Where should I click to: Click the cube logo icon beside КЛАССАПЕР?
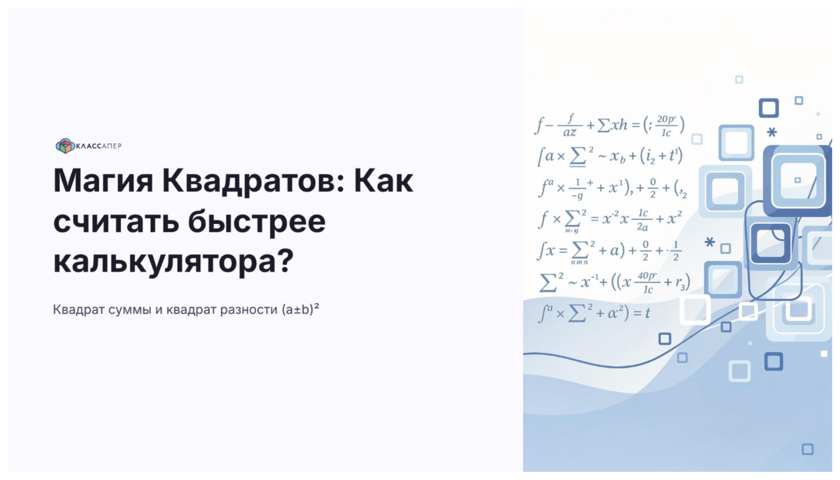tap(65, 146)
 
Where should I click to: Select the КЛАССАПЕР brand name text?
tap(99, 146)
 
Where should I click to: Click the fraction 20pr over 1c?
tap(666, 126)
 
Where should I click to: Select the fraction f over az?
tap(570, 125)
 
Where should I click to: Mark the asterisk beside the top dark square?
tap(772, 132)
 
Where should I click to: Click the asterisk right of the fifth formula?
tap(709, 242)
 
